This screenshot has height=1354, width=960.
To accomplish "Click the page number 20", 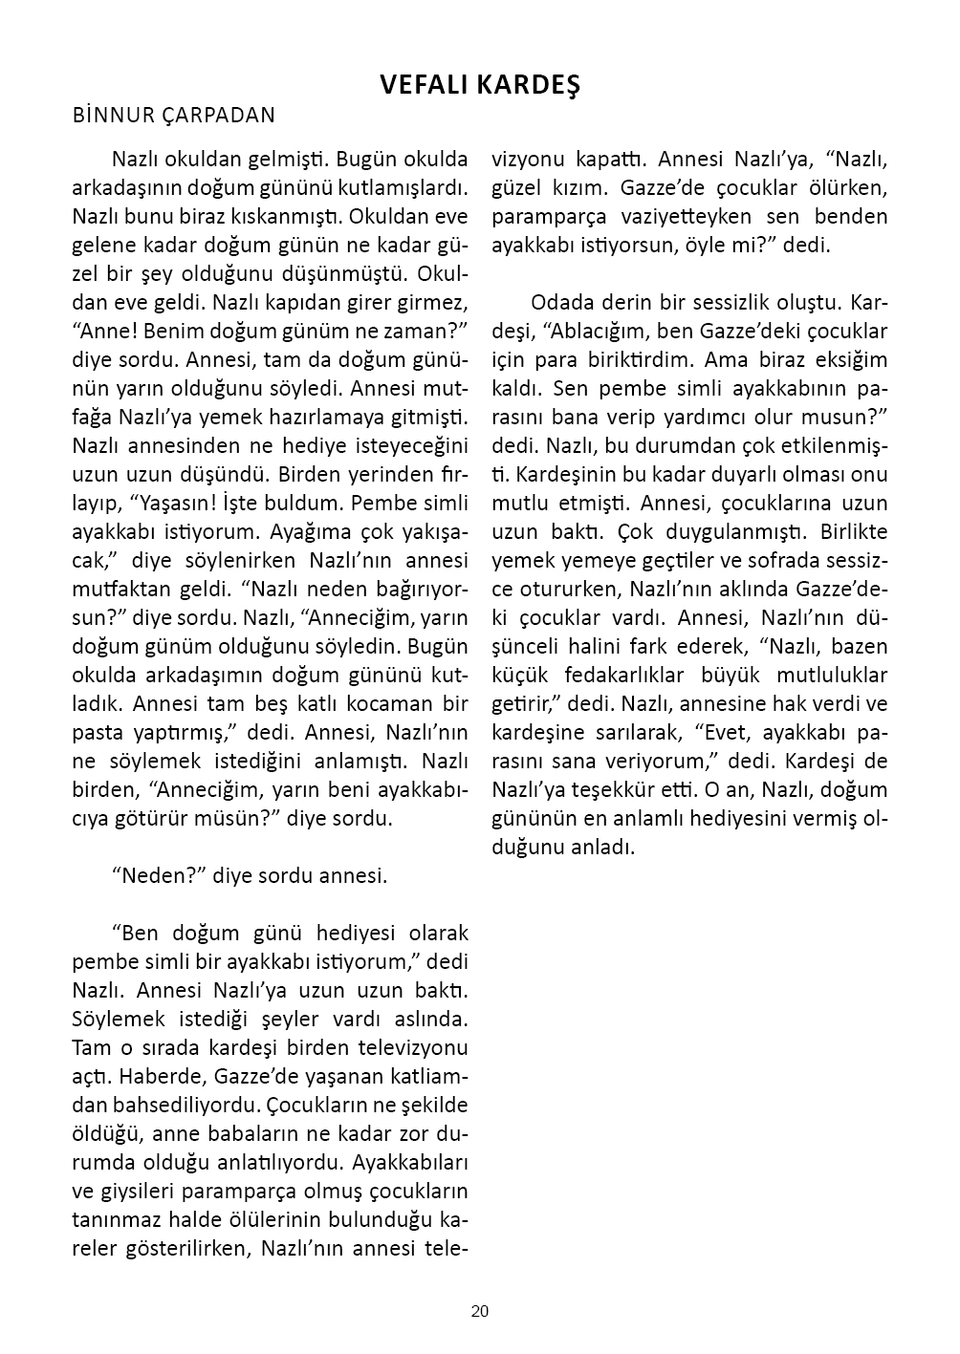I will click(x=479, y=1311).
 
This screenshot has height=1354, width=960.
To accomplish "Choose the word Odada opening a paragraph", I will click(x=560, y=302).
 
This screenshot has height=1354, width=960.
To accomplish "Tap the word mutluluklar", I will click(x=829, y=675).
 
